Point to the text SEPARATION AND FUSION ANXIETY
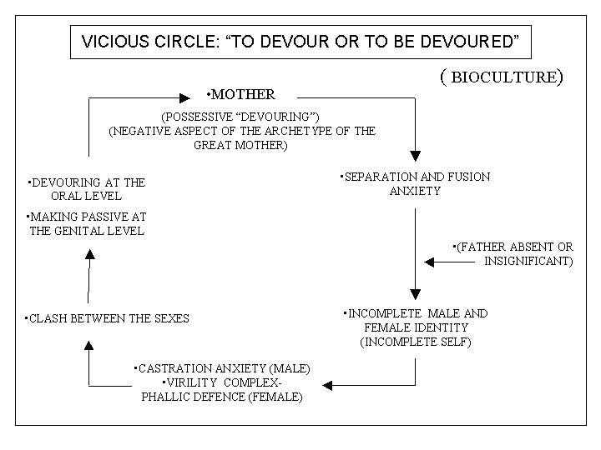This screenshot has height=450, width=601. coord(415,183)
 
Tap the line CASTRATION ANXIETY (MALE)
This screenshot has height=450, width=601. coord(223,368)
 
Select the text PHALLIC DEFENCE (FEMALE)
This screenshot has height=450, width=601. coord(222,397)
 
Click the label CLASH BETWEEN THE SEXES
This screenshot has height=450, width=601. coord(109,318)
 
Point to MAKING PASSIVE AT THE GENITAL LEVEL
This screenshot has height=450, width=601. coord(87,224)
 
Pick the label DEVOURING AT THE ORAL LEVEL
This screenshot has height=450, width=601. coord(87,188)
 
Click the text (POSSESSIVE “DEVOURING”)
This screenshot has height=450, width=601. coord(243,117)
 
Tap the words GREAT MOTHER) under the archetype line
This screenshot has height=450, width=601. coord(243,145)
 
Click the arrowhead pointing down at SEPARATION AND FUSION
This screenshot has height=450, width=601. coord(416,155)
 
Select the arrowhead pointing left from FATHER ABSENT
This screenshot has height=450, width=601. coord(430,262)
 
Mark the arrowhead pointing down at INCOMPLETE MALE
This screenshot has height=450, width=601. coord(416,294)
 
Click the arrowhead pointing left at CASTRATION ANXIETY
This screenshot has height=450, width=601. coord(328,385)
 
